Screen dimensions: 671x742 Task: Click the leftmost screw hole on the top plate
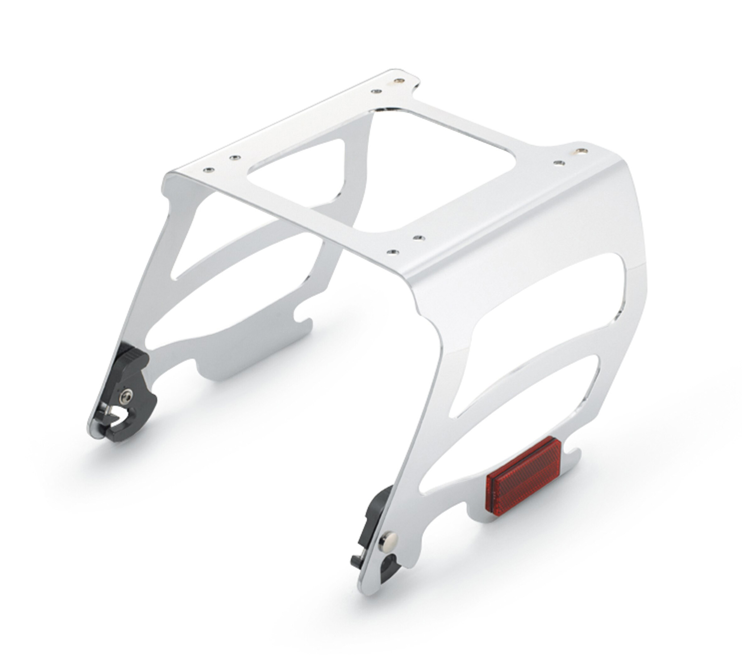tap(209, 170)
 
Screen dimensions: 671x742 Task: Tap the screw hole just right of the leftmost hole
tap(233, 158)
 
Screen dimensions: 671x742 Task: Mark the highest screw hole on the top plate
tap(397, 80)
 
